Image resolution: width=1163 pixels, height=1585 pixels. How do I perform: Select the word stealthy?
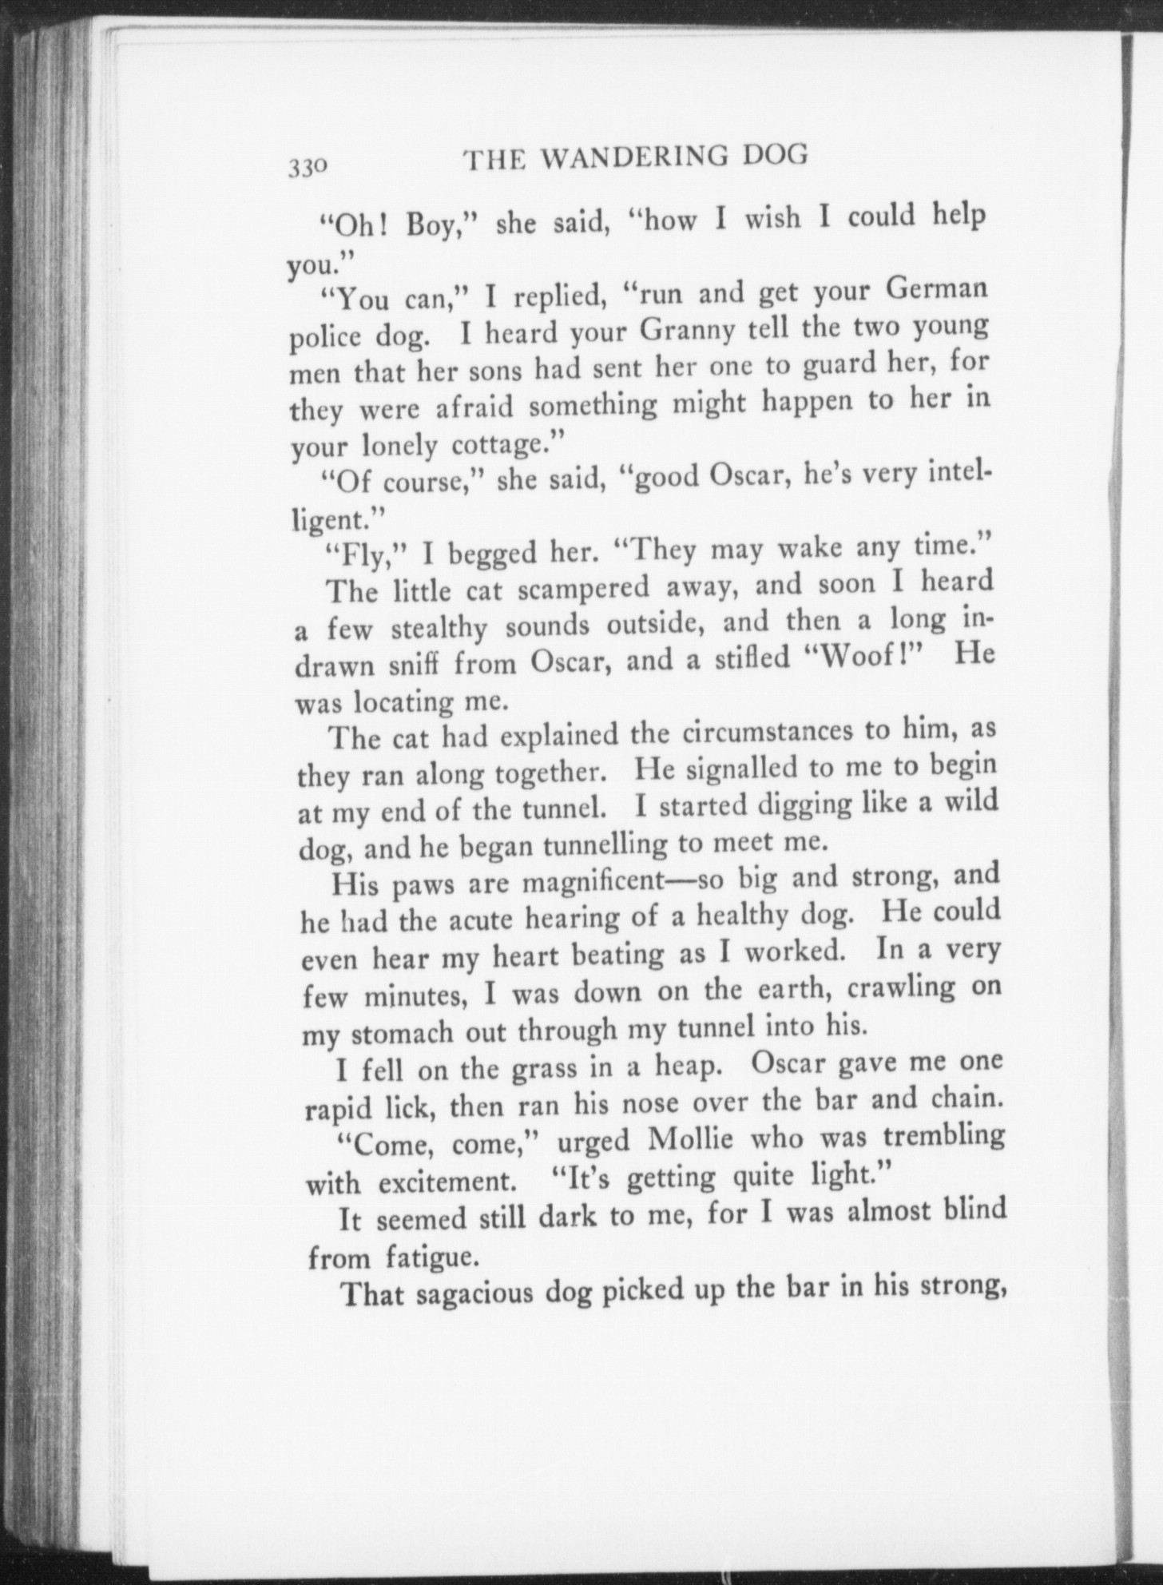[x=439, y=629]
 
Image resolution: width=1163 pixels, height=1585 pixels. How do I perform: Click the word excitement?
[x=448, y=1180]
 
